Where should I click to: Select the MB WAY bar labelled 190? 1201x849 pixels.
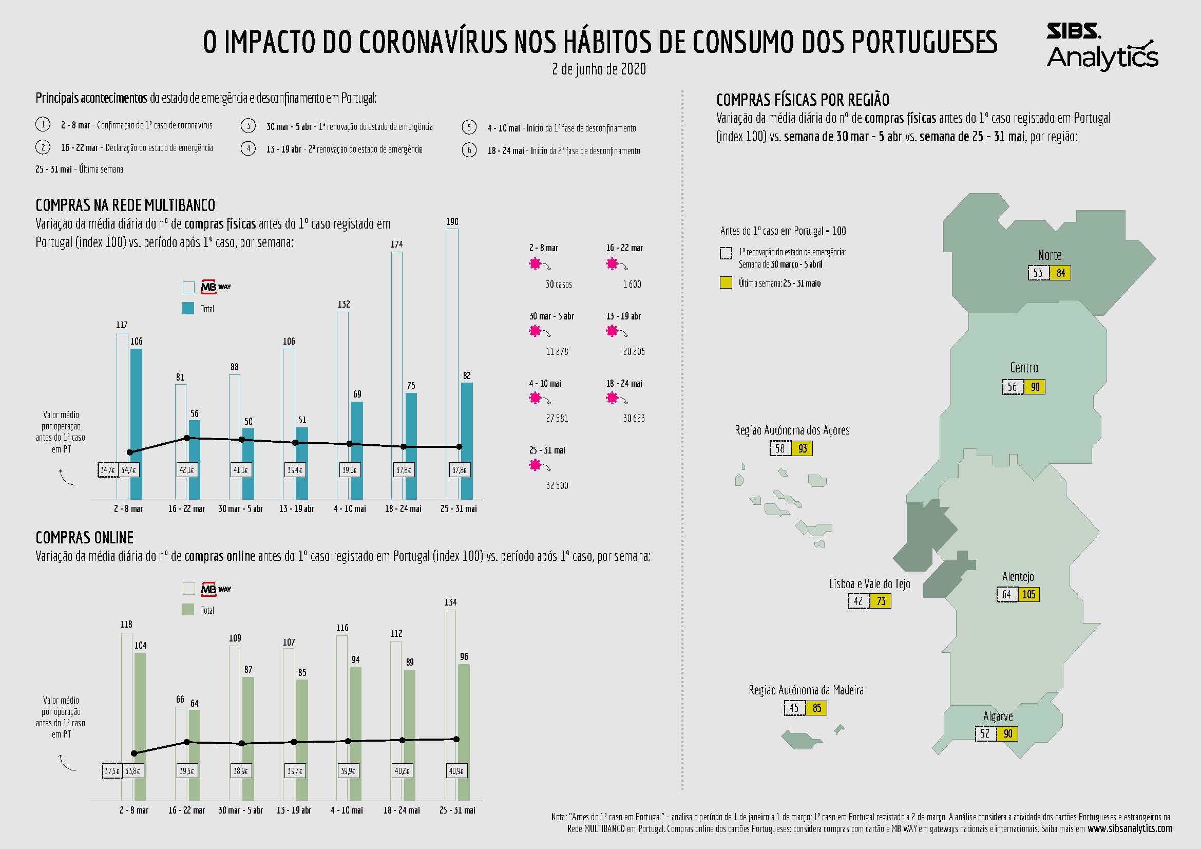point(452,361)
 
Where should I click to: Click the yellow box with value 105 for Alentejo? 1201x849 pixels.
point(1028,595)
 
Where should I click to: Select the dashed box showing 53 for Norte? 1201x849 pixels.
point(1038,273)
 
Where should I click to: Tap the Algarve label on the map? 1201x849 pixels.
point(998,716)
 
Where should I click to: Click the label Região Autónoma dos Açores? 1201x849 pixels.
point(792,430)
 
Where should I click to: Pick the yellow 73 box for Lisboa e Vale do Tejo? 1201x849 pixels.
point(881,601)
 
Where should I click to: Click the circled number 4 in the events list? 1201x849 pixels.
point(249,149)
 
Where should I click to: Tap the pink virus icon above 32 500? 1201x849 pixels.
point(535,464)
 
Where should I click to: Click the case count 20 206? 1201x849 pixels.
point(634,351)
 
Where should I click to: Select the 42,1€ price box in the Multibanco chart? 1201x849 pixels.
point(187,470)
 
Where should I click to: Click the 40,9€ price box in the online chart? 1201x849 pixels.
point(456,771)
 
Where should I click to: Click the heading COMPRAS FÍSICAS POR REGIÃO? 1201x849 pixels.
point(803,100)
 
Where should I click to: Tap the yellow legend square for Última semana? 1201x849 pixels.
point(726,284)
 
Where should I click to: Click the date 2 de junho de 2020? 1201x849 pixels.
point(599,69)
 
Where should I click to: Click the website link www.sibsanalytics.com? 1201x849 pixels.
point(1129,828)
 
